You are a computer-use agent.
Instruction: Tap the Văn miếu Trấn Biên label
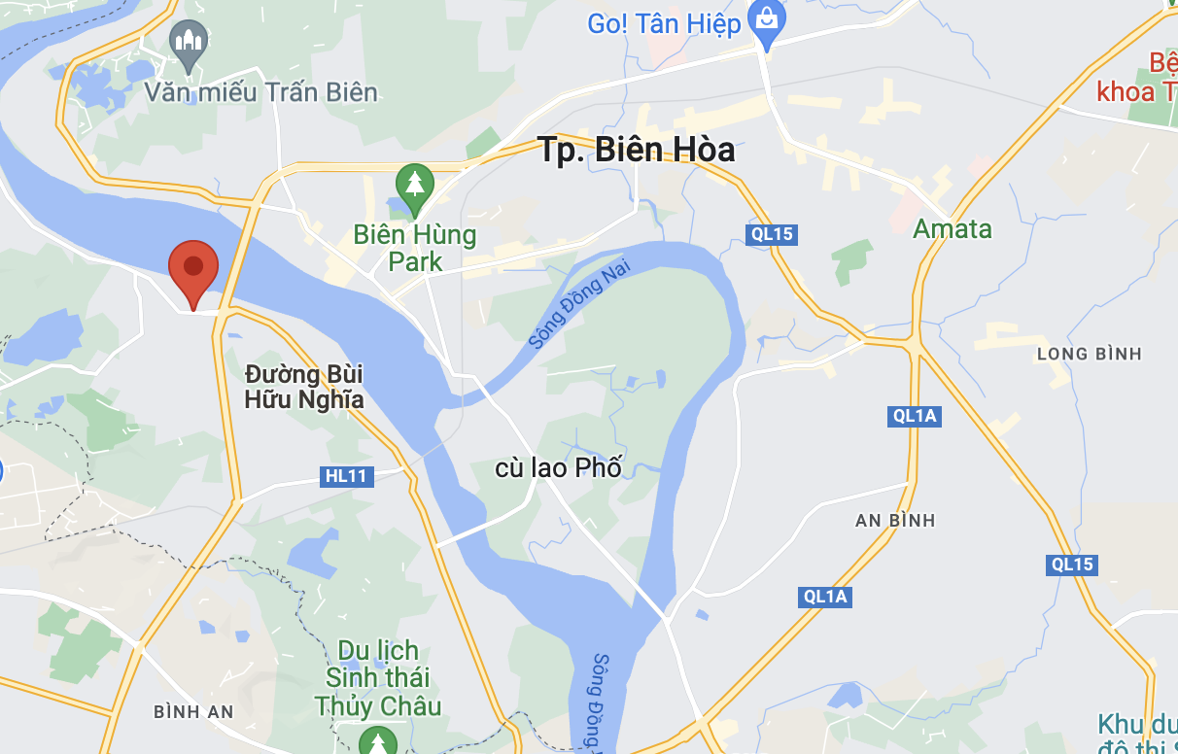260,92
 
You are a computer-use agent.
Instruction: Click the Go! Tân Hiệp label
664,23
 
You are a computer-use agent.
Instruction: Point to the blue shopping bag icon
767,22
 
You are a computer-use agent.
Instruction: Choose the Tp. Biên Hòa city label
636,151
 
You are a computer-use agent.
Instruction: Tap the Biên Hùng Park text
415,248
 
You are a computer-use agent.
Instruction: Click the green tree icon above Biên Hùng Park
415,184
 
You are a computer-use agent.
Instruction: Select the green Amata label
953,229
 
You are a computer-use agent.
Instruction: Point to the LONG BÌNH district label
1089,354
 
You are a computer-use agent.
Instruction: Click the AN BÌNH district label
895,521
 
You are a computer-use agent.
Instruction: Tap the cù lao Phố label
558,467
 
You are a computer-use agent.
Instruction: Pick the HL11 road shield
345,476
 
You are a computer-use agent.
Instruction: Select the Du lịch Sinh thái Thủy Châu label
378,678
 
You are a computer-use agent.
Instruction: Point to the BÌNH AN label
193,712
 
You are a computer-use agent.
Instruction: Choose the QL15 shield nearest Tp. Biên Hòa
773,234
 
